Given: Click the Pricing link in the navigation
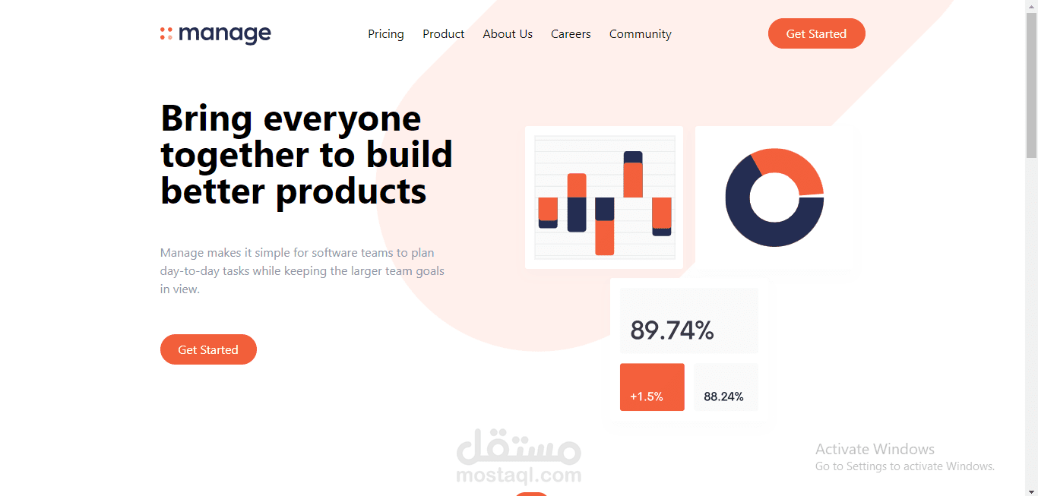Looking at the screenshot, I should (x=386, y=34).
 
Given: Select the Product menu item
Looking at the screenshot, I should (x=444, y=34).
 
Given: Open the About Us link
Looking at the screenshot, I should (x=508, y=34).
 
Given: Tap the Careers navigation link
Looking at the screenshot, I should (x=571, y=34).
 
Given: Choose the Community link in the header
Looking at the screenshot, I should (x=641, y=34).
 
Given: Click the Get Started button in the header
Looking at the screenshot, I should (x=816, y=34).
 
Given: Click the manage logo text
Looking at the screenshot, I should (x=225, y=34).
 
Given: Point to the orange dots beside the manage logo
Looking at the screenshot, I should (x=166, y=33).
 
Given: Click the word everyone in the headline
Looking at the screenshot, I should (x=342, y=119).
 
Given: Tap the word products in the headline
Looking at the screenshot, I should (x=351, y=191).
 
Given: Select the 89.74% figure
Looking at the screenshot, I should (x=672, y=330).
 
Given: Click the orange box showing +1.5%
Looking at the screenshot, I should (x=652, y=387).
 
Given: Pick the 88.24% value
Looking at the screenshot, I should (x=723, y=396).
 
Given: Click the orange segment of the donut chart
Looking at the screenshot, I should (x=794, y=169).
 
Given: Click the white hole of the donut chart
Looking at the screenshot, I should (x=774, y=197).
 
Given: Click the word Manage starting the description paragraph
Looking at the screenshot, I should (x=181, y=253).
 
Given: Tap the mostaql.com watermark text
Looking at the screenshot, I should (x=519, y=476).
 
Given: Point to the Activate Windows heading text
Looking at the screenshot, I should (x=875, y=449).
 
